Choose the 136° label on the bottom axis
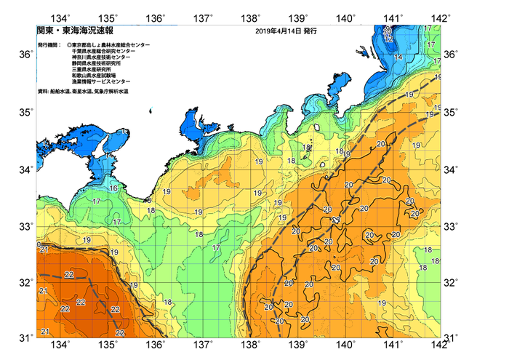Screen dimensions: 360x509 tap(157, 344)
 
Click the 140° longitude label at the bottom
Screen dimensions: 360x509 tap(346, 344)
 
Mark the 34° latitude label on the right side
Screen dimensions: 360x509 tap(451, 169)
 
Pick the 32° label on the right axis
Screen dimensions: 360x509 tap(451, 282)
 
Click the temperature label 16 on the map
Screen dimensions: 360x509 tap(113, 188)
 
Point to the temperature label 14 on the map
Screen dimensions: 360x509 tap(398, 57)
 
